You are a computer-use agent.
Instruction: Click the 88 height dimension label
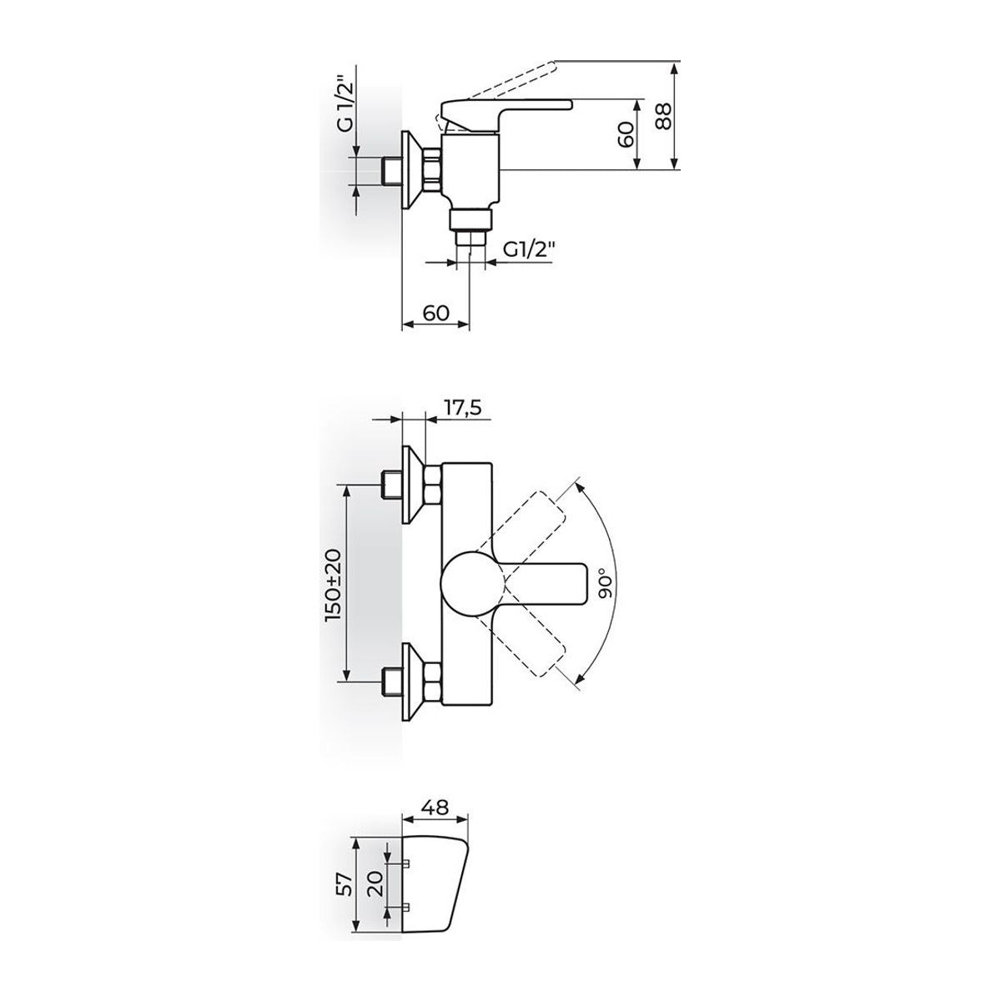663,116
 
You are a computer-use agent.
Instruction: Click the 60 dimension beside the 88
627,134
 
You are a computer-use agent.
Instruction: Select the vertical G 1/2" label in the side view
344,103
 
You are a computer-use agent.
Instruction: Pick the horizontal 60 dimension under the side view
435,313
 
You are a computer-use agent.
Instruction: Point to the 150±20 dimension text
333,584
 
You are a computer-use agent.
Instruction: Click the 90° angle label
606,584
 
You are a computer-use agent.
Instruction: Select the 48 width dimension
435,807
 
